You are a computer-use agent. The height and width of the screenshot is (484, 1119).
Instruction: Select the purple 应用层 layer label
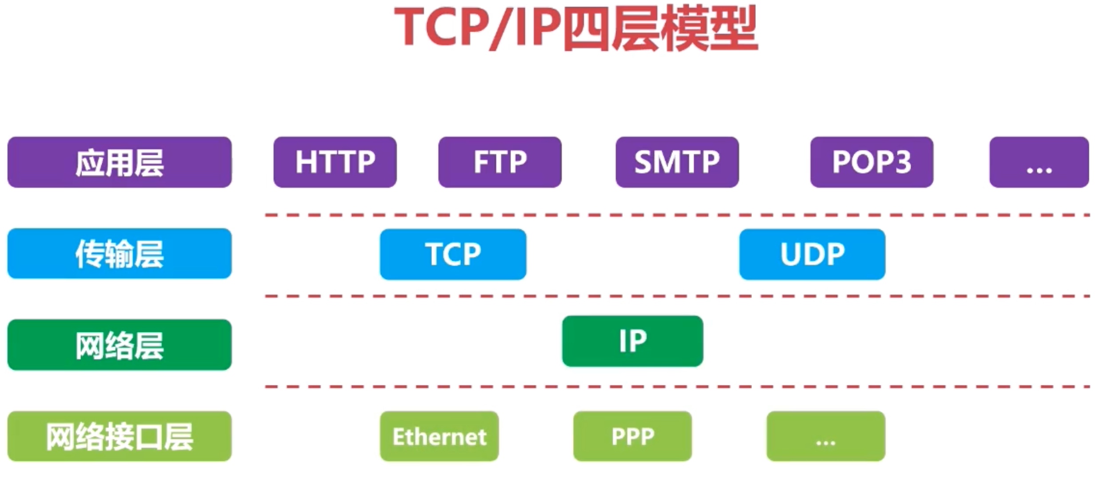(x=120, y=163)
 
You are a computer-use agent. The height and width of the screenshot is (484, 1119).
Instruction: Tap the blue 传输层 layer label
(x=120, y=254)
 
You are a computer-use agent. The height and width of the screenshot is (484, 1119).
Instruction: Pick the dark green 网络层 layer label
(x=120, y=345)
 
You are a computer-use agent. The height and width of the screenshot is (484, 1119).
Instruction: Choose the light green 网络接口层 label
(x=120, y=436)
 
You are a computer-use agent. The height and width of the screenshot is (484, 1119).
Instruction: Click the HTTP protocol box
(x=335, y=163)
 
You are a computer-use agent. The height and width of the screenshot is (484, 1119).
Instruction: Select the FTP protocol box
(x=500, y=163)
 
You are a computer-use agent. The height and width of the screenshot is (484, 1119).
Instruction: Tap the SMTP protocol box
(x=677, y=163)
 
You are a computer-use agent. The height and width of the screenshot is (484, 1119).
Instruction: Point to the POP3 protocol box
(x=872, y=163)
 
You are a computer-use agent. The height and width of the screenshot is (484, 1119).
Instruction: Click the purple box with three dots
(x=1039, y=163)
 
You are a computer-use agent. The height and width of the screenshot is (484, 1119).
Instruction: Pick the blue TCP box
(x=453, y=254)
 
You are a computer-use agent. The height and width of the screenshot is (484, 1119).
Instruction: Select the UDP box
(x=812, y=254)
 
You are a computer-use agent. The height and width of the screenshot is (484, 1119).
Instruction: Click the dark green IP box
(x=633, y=341)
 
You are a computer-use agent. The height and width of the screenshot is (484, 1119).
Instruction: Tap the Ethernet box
(x=440, y=436)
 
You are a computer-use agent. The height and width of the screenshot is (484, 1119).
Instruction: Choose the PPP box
(x=633, y=436)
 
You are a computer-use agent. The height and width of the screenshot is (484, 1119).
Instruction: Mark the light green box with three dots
(x=826, y=436)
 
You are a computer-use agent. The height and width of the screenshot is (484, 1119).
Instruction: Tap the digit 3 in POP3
(x=903, y=163)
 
